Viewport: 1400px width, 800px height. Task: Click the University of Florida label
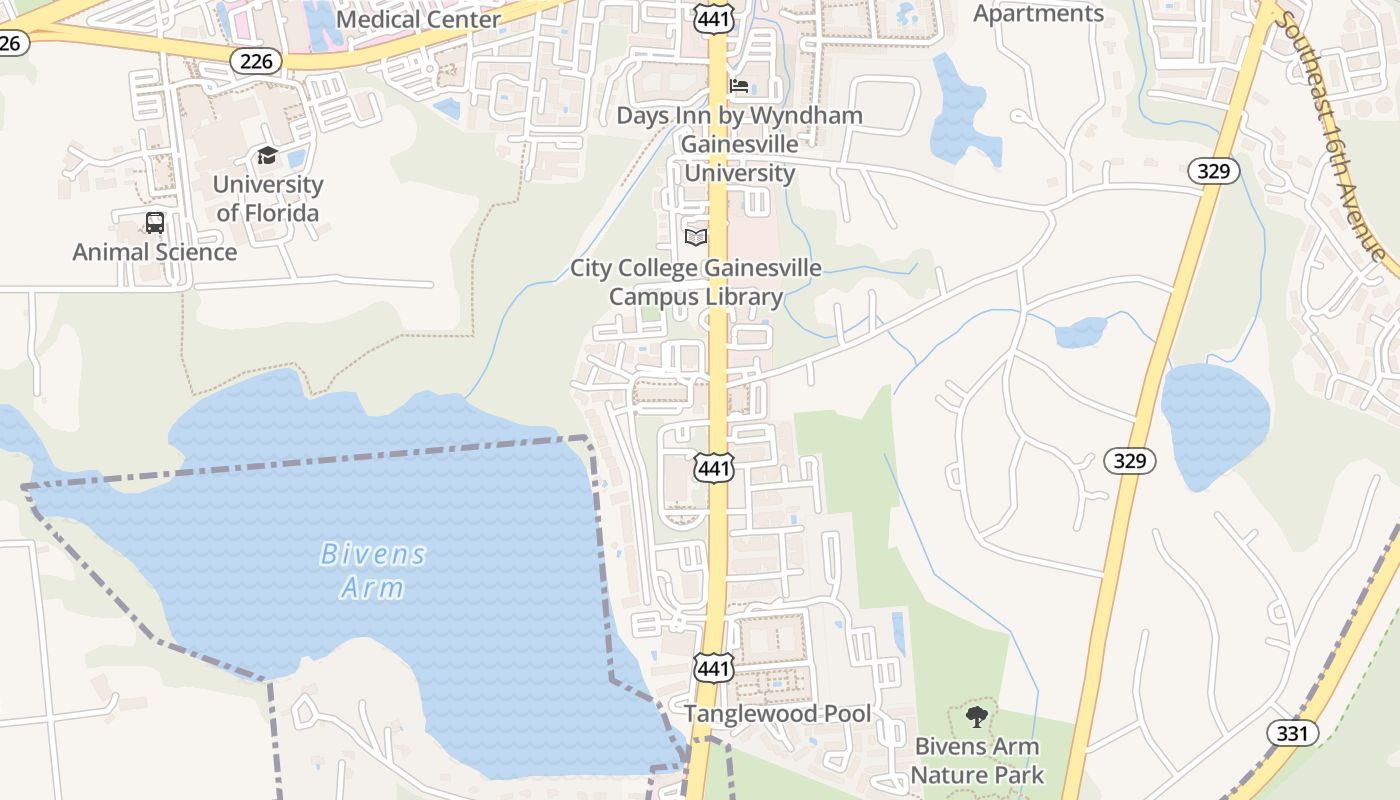click(x=268, y=198)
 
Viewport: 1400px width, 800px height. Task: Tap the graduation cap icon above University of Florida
click(x=267, y=155)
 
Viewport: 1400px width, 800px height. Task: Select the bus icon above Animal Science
click(x=154, y=222)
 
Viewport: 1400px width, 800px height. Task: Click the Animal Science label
click(x=155, y=252)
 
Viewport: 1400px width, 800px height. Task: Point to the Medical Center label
click(x=419, y=19)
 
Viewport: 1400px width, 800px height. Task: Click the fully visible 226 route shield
click(x=256, y=61)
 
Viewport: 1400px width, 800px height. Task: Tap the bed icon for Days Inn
click(x=739, y=86)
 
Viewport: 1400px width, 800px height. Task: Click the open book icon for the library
click(x=696, y=237)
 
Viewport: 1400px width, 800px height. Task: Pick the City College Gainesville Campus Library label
click(x=696, y=282)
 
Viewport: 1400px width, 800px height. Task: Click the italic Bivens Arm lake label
click(x=373, y=570)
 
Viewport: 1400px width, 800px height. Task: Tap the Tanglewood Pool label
click(x=777, y=714)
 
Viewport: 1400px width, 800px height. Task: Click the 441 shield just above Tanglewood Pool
click(x=714, y=667)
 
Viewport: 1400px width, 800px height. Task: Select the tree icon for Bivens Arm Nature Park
click(x=976, y=716)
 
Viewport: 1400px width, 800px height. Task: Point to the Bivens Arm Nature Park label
click(x=977, y=760)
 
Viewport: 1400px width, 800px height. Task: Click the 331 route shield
click(x=1292, y=733)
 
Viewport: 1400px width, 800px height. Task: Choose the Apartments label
click(x=1038, y=13)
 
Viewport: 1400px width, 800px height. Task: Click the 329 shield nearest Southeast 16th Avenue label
click(x=1213, y=171)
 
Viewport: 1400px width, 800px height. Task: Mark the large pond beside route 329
click(x=1214, y=420)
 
